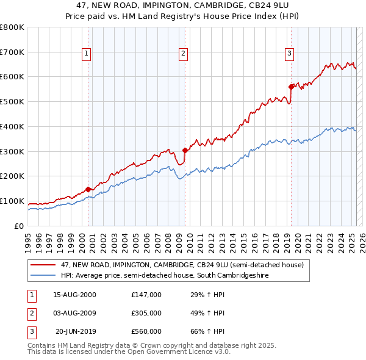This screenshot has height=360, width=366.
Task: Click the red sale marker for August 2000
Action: (x=88, y=189)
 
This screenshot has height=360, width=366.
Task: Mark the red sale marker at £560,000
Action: (x=291, y=86)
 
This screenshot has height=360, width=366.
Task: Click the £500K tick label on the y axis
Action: (x=12, y=102)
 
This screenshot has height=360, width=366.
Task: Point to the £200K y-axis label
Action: (x=12, y=176)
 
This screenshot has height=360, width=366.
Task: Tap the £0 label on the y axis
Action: (x=19, y=226)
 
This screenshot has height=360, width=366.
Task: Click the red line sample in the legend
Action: (x=43, y=265)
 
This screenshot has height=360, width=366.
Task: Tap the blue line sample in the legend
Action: (x=43, y=275)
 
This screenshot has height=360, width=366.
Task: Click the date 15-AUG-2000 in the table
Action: (x=75, y=295)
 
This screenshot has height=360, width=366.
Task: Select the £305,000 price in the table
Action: (x=146, y=313)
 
